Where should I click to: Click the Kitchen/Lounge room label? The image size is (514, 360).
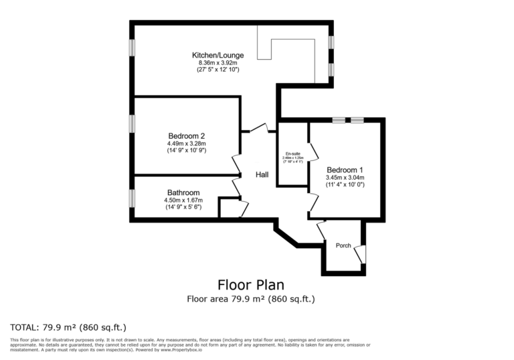218,55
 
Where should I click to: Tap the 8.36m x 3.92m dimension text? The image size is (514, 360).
218,62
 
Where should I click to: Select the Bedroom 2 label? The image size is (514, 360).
186,135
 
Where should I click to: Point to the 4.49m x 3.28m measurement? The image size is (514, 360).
186,143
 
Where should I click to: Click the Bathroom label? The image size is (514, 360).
183,192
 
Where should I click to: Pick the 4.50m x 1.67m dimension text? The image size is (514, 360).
183,200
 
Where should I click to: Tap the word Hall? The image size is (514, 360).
262,174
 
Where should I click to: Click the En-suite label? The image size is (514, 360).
292,154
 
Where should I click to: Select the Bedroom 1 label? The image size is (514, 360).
345,169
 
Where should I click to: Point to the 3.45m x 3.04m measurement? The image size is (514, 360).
345,177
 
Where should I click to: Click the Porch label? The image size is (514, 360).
343,245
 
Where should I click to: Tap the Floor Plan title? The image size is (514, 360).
250,284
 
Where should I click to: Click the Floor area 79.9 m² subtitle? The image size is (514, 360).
250,299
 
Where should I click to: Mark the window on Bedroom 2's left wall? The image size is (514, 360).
133,123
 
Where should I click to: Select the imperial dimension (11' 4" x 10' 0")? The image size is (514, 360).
345,184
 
